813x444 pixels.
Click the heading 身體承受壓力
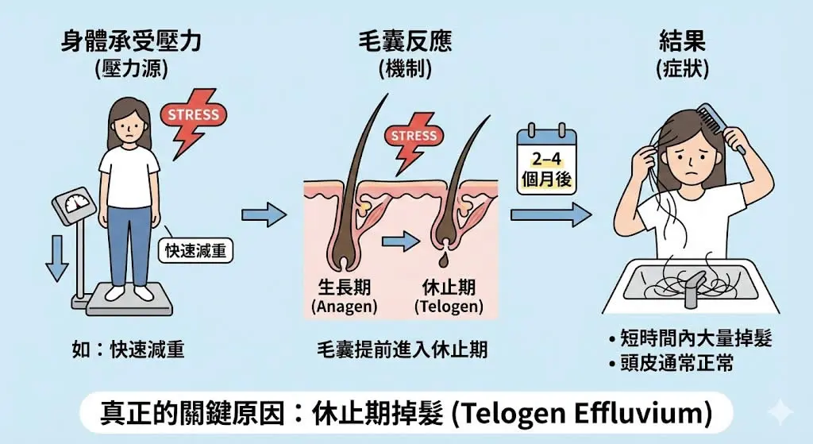(x=130, y=41)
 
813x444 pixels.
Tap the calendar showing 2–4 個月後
(x=545, y=160)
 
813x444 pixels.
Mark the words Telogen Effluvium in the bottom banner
(x=592, y=413)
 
